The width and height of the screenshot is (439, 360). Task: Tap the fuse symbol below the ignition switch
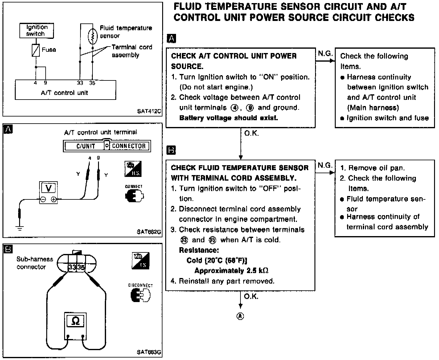coord(36,50)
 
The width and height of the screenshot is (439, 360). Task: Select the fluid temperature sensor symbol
coord(92,36)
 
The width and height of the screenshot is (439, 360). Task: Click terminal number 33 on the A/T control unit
coord(80,83)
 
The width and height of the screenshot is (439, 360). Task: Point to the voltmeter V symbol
coord(48,188)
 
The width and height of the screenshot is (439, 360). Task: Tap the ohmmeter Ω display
coord(75,321)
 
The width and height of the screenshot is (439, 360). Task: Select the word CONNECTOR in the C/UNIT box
coord(129,146)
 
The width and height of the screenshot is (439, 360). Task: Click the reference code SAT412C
coord(149,111)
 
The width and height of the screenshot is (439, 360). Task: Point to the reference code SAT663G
coord(149,352)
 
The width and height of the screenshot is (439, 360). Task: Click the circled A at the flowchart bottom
coord(240,316)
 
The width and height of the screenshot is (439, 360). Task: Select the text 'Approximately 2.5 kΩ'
coord(231,271)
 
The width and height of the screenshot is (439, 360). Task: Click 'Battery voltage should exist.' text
coord(228,118)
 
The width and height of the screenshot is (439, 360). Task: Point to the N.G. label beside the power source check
coord(325,54)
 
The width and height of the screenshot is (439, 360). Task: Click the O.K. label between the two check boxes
coord(251,133)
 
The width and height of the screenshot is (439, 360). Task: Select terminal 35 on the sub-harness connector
coord(81,267)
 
